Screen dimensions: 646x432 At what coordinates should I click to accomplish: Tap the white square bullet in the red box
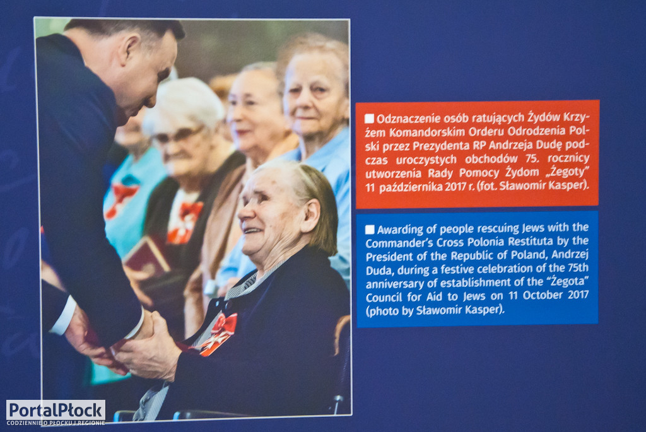coord(369,119)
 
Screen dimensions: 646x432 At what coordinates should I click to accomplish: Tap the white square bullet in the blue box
coord(370,230)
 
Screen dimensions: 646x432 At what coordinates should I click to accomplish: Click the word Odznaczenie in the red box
coord(402,119)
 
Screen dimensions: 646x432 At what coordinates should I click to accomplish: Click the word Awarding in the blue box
coord(397,230)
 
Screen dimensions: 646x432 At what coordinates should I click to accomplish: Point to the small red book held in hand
coord(146,257)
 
